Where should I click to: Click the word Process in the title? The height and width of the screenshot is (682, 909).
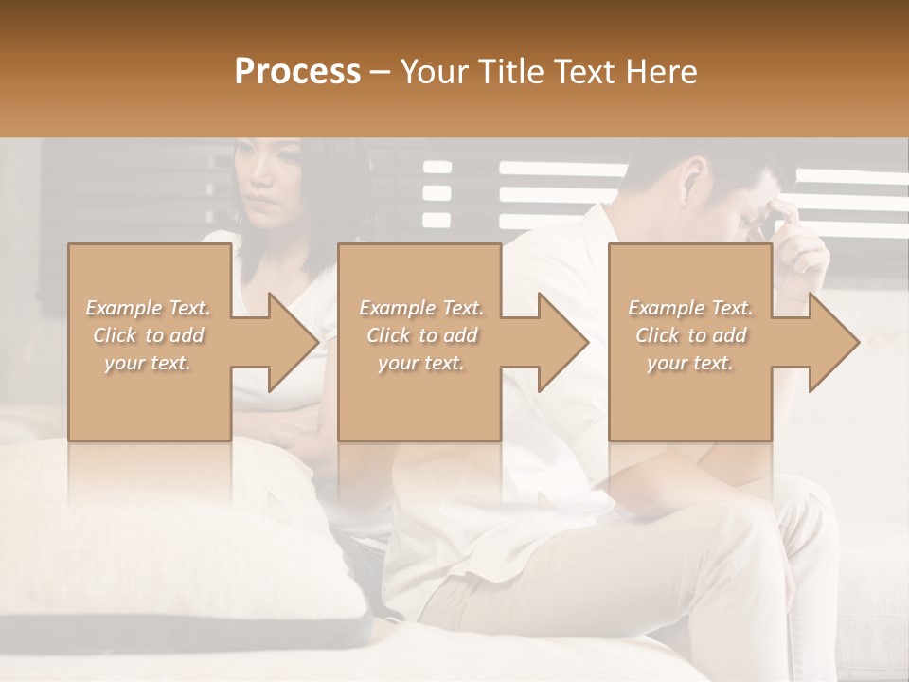click(297, 72)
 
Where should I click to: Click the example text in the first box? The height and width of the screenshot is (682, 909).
click(149, 335)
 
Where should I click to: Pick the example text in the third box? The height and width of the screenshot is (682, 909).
click(690, 335)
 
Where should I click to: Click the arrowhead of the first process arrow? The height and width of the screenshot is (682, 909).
click(294, 342)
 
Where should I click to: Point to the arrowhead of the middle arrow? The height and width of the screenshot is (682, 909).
click(564, 342)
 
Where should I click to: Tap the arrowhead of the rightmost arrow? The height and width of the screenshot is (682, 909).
click(835, 342)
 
